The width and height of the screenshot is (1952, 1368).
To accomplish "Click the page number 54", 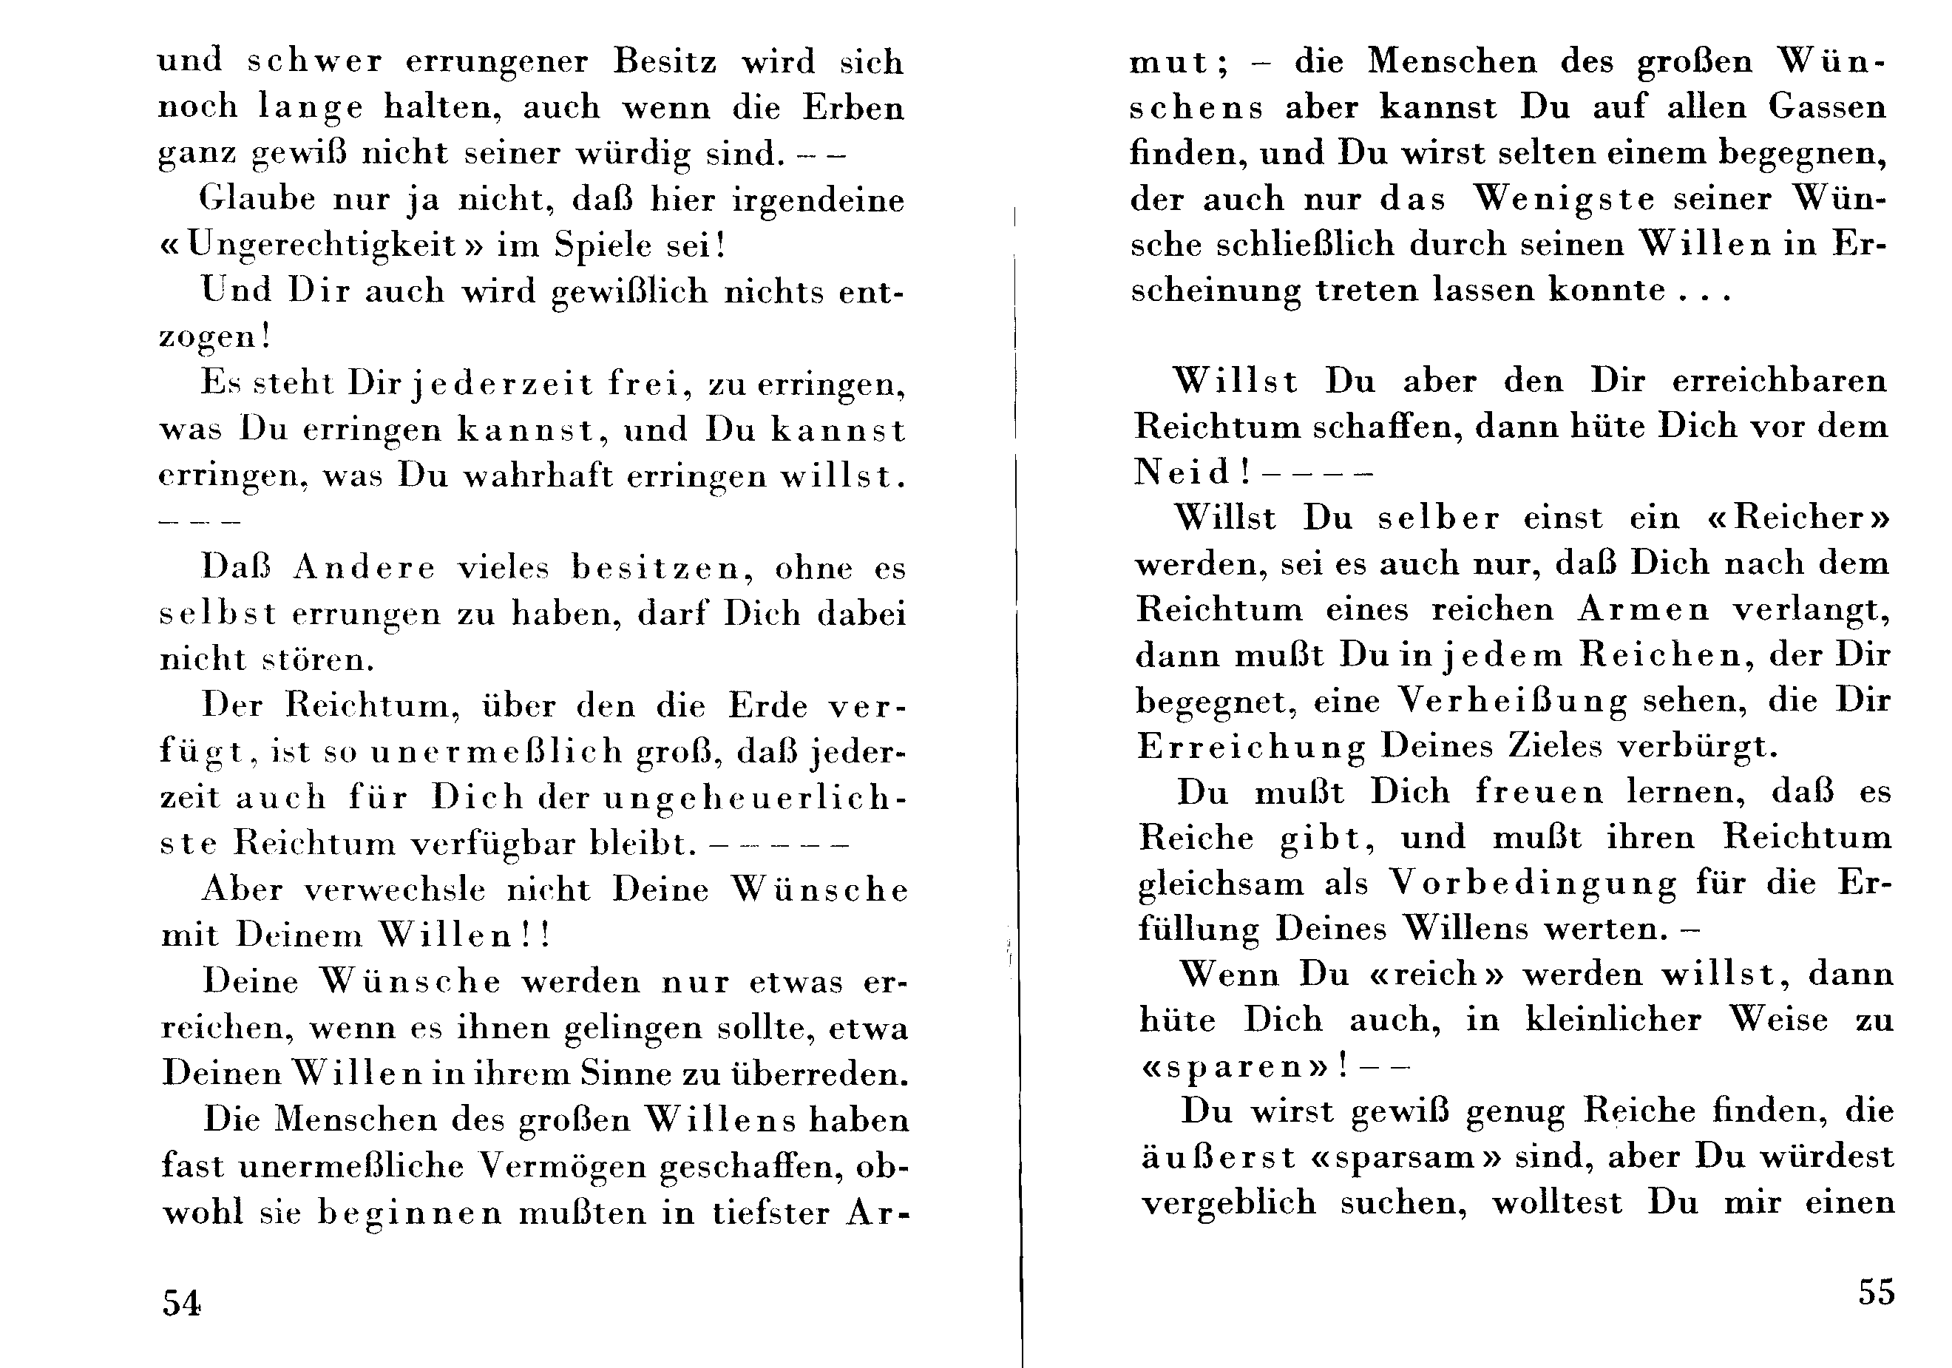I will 181,1302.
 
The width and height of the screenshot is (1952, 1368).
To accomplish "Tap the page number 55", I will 1877,1292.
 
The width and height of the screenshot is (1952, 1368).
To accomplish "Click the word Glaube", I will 254,199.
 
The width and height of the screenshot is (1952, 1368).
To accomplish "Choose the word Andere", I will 363,568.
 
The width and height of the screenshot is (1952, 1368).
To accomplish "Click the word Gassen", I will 1827,107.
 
